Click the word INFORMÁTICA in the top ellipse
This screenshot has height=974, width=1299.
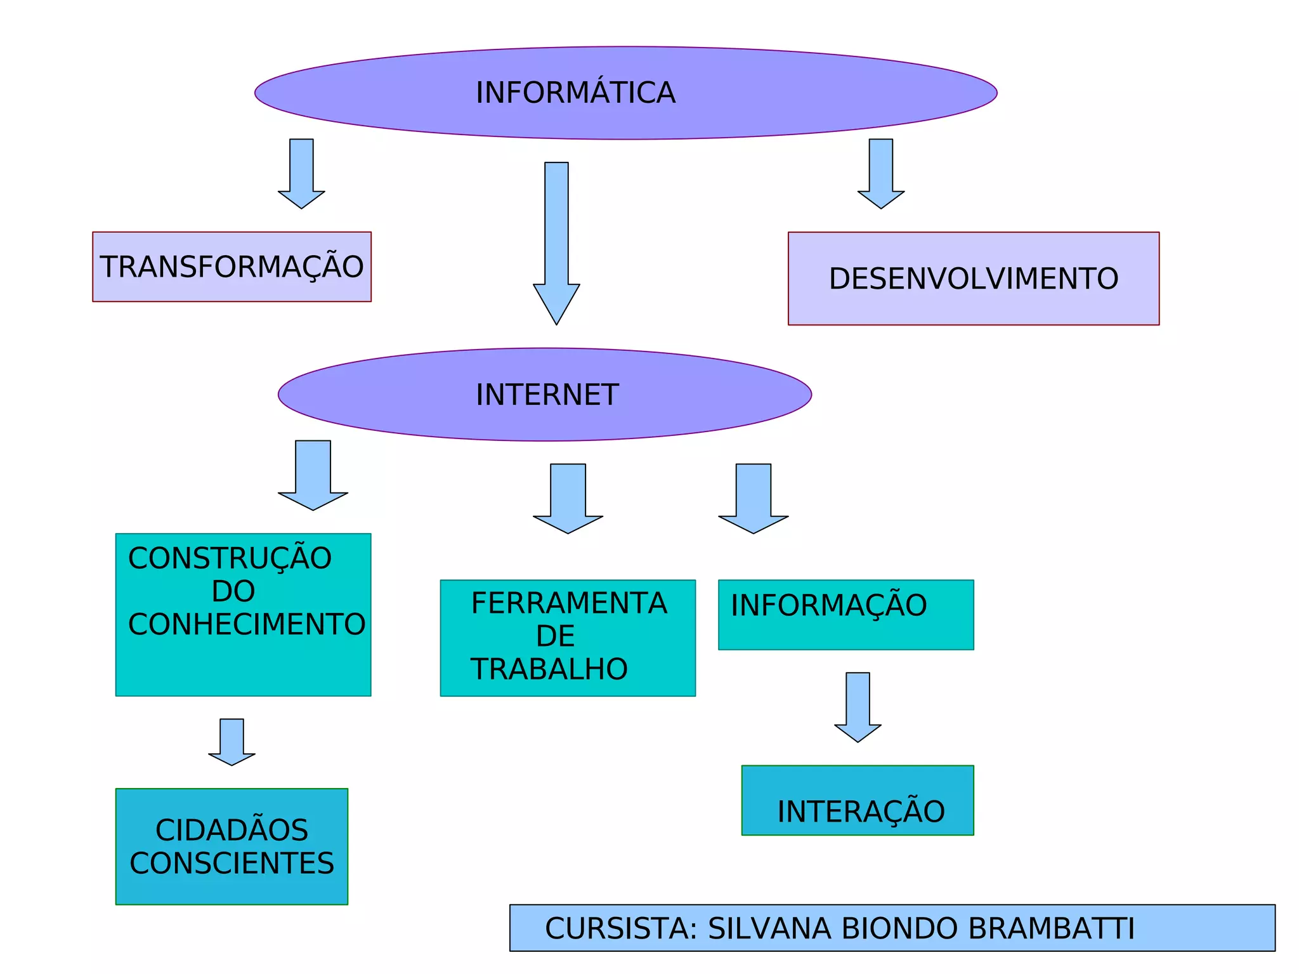(575, 93)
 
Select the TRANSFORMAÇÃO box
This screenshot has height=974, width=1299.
(232, 267)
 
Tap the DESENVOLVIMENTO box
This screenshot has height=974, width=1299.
(973, 279)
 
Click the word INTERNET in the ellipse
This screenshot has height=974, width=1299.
(547, 395)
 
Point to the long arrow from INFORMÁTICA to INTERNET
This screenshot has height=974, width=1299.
(556, 241)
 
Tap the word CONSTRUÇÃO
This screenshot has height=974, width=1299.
(230, 558)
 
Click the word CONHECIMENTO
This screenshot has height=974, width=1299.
(247, 624)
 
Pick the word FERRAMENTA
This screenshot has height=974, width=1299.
(569, 603)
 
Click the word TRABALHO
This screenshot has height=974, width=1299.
(549, 669)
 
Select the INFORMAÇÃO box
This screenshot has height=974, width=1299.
(845, 614)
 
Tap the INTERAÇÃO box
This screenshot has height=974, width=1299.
(858, 801)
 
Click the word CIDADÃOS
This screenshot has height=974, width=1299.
(232, 830)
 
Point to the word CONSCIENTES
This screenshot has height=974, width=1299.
(232, 864)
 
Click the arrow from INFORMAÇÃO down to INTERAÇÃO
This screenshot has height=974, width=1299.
(858, 706)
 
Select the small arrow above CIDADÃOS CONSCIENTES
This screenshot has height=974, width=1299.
(232, 741)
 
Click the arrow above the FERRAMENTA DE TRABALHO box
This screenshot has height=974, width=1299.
(568, 498)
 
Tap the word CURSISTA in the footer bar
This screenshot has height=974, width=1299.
(620, 928)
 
